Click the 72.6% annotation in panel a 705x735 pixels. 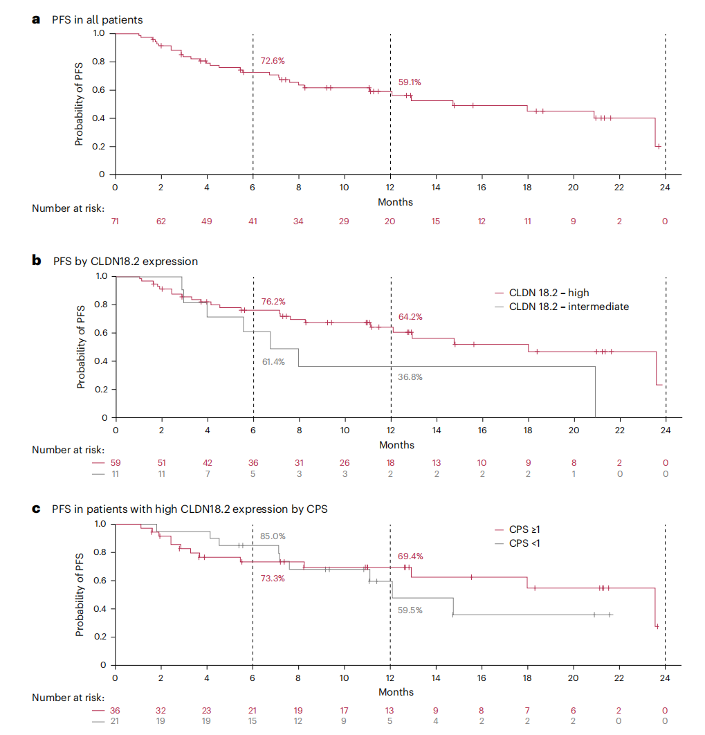tap(272, 61)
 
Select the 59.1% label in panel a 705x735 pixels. tap(410, 82)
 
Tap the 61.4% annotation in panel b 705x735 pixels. tap(273, 362)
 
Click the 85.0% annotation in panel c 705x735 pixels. tap(273, 536)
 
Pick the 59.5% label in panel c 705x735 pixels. tap(410, 610)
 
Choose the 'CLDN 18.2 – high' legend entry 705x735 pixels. tap(549, 293)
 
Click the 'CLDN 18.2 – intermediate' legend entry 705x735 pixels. tap(569, 306)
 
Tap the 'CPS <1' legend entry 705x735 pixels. tap(524, 543)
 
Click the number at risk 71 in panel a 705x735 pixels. tap(115, 221)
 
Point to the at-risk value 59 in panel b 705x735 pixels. tap(116, 462)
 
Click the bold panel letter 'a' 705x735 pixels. tap(37, 19)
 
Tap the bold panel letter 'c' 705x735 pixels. tap(37, 509)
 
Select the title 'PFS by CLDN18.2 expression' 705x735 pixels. tap(125, 262)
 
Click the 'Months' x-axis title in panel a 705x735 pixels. tap(395, 202)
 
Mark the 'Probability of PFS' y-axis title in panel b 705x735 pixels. tap(80, 347)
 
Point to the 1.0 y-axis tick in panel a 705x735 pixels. tap(100, 33)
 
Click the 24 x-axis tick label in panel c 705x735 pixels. tap(665, 678)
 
